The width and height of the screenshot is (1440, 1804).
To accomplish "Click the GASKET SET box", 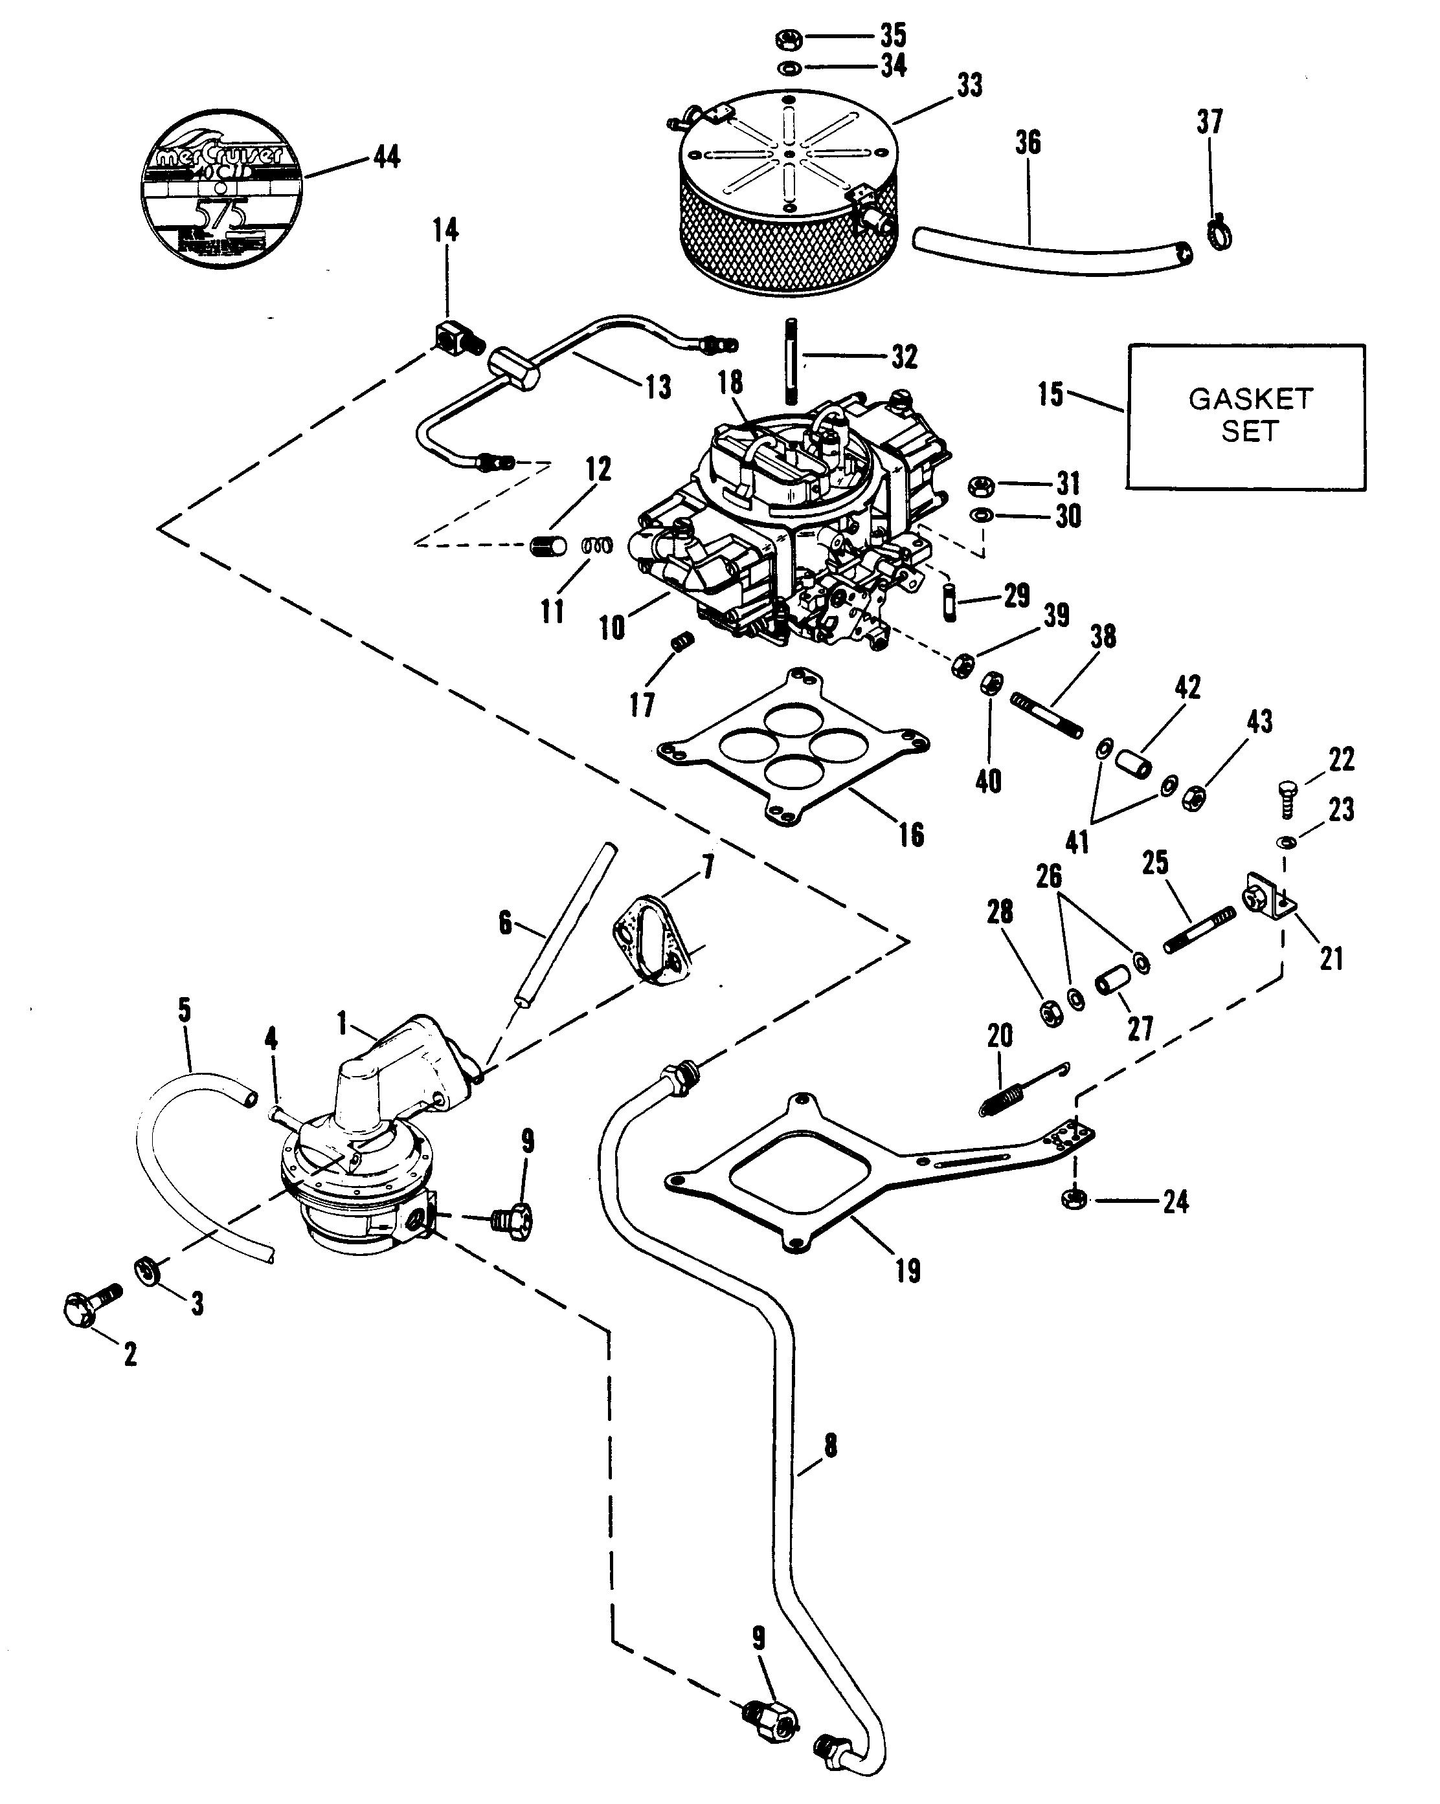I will [x=1246, y=416].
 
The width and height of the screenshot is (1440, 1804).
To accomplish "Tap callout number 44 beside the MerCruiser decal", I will [x=386, y=157].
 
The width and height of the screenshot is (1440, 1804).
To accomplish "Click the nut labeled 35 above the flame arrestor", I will [x=789, y=38].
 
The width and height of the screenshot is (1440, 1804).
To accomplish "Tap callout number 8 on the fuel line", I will [x=829, y=1446].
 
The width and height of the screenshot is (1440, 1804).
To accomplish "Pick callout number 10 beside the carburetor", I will [x=611, y=627].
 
